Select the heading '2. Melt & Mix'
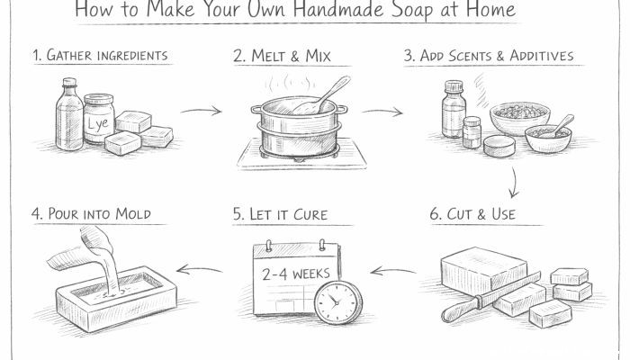[282, 56]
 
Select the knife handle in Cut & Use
[457, 310]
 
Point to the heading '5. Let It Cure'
[278, 215]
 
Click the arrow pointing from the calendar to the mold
[200, 268]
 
